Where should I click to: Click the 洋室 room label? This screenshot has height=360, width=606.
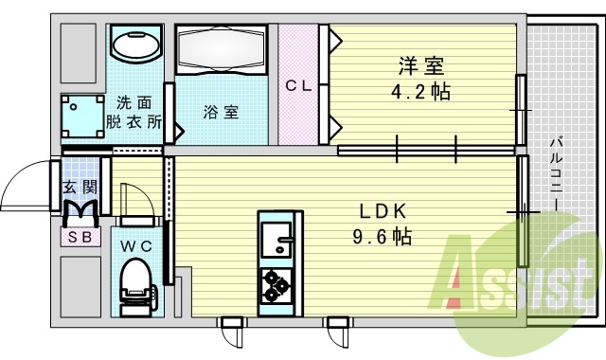click(x=421, y=67)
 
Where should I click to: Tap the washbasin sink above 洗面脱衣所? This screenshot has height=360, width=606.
click(x=136, y=44)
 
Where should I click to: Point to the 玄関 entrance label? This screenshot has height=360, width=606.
click(x=80, y=188)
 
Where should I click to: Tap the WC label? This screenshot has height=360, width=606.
click(x=136, y=247)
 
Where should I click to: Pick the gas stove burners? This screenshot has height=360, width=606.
click(x=278, y=283)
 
